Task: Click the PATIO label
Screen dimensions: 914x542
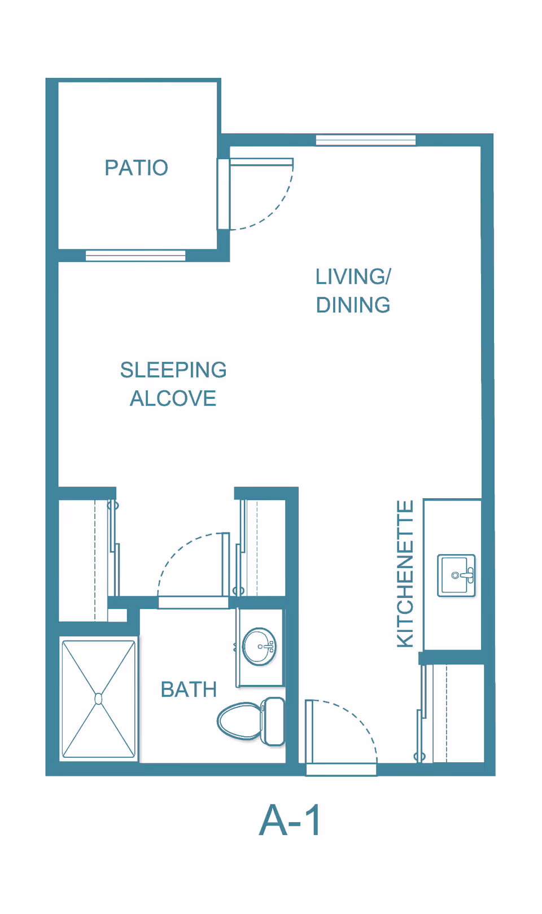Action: [136, 168]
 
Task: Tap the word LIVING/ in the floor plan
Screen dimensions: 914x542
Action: [353, 276]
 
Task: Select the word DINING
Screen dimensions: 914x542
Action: [353, 305]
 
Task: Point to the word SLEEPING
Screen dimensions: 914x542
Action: [173, 370]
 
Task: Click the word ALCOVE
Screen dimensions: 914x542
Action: [173, 399]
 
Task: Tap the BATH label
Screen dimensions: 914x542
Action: [189, 689]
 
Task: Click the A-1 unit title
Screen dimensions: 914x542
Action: [290, 820]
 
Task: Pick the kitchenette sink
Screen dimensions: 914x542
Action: [456, 575]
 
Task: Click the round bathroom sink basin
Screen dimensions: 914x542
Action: [259, 647]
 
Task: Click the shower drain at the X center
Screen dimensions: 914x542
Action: [99, 699]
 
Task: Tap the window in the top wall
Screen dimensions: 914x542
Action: [365, 140]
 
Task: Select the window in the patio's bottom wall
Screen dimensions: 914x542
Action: [135, 256]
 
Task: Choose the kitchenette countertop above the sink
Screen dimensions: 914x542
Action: [452, 525]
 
